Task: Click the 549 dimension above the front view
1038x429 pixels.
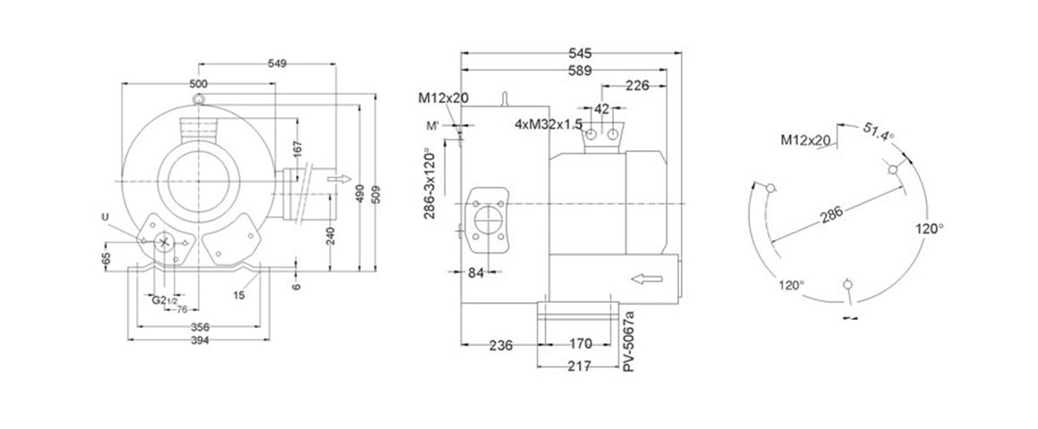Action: click(278, 64)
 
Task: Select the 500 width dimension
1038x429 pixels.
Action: click(199, 83)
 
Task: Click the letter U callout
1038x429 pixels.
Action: click(106, 216)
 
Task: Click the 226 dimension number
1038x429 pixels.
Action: click(637, 86)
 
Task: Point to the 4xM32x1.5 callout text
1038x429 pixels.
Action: click(549, 123)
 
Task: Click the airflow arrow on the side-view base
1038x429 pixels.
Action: click(644, 280)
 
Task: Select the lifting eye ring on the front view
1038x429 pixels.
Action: click(198, 96)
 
